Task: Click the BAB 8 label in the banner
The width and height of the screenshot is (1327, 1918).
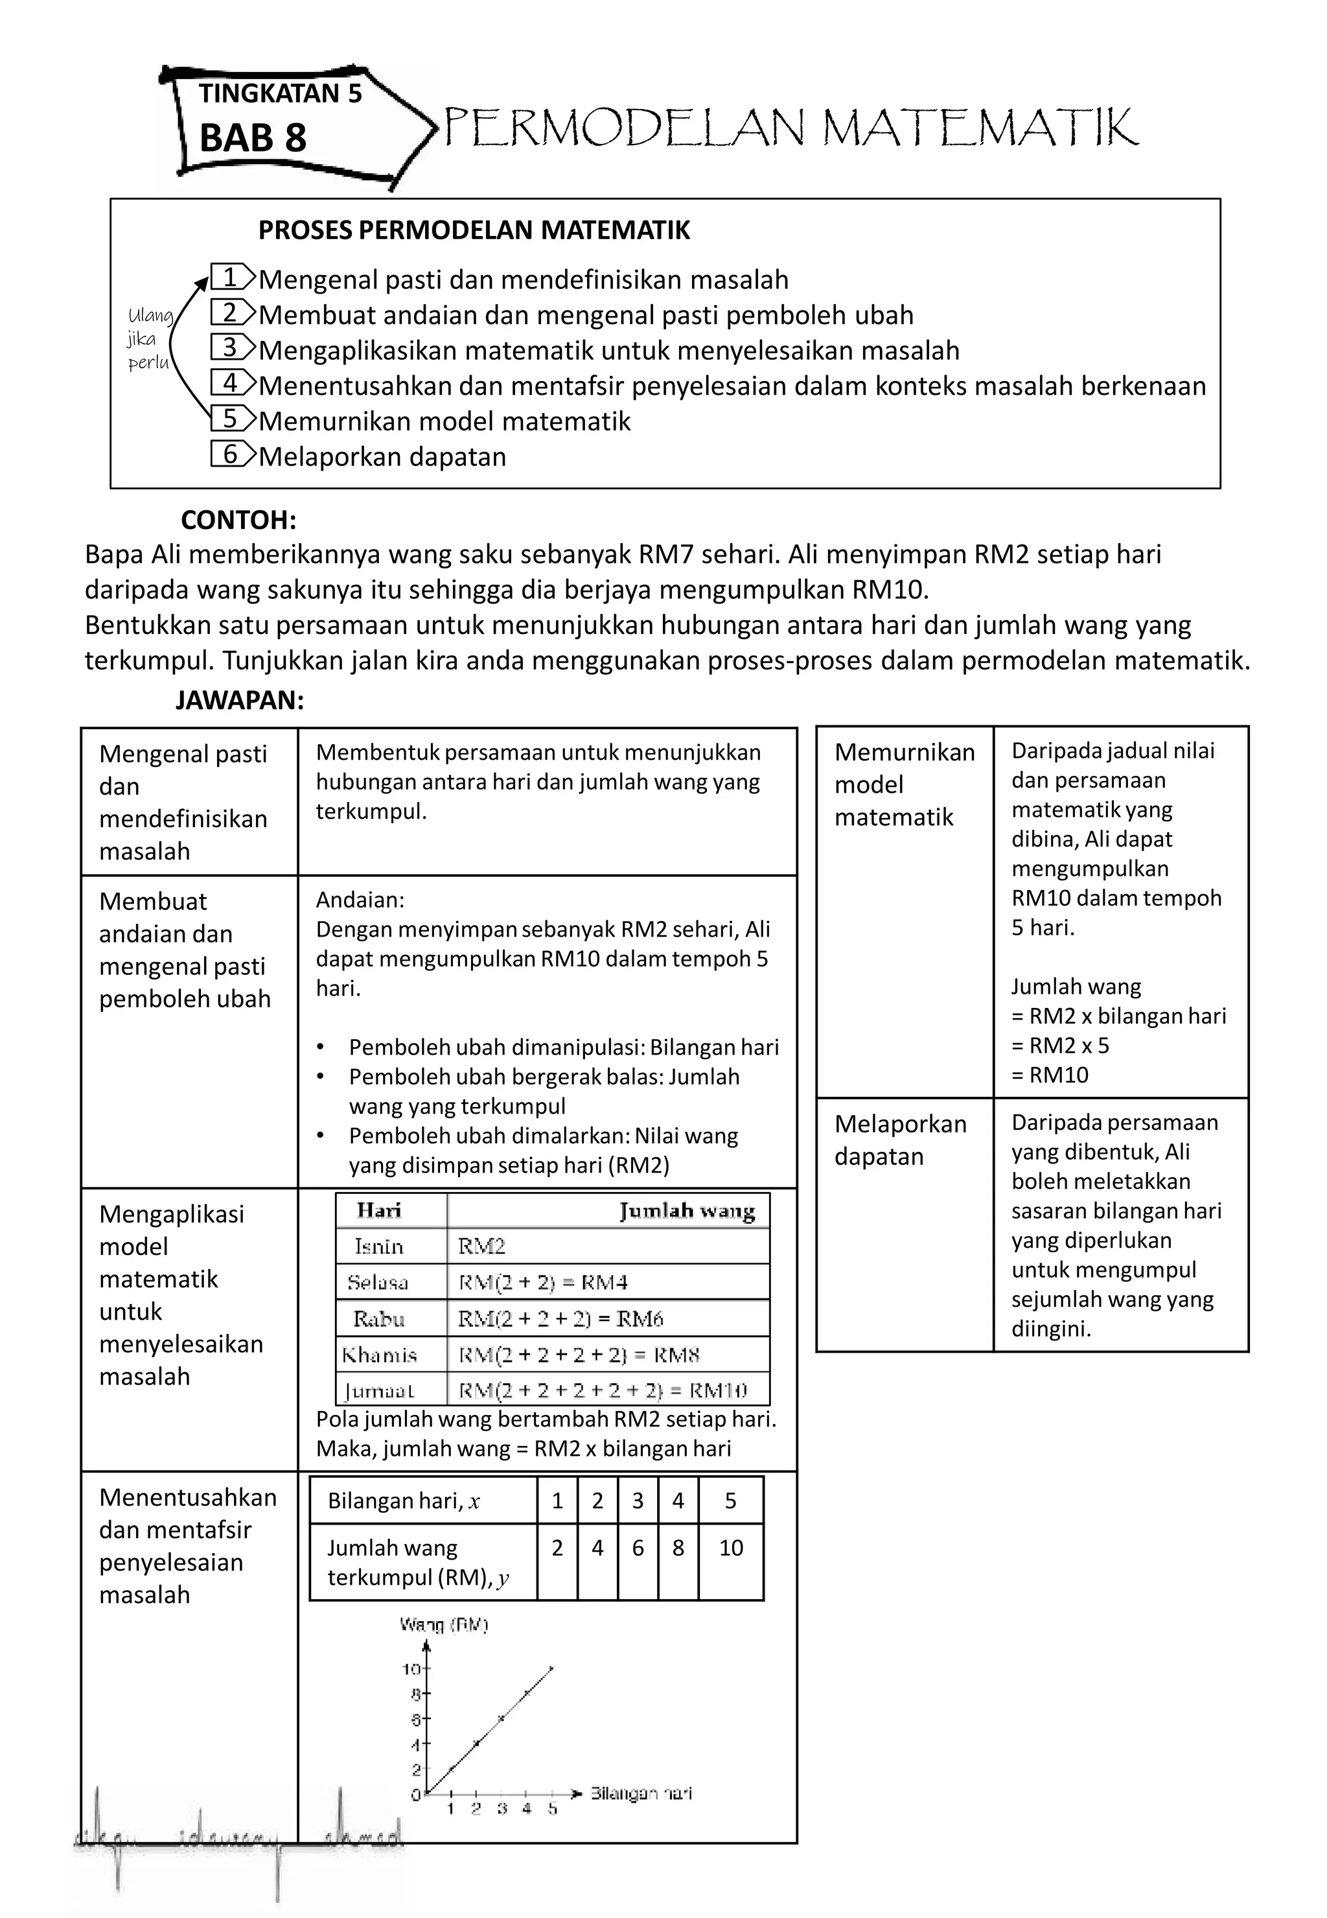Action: [253, 138]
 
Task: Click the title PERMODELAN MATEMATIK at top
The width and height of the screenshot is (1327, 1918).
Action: [790, 129]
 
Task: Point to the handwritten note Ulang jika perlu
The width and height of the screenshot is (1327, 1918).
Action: [150, 338]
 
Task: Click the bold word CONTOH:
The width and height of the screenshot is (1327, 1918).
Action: [238, 520]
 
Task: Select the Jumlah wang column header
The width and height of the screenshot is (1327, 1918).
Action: [687, 1211]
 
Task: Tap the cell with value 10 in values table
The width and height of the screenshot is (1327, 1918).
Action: [730, 1548]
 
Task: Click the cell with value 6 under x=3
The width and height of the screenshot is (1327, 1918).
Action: [638, 1548]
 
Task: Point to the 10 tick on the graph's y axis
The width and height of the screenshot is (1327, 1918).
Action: [412, 1669]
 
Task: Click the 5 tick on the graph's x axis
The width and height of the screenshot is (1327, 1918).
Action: [552, 1809]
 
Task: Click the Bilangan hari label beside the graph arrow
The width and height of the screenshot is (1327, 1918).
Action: [641, 1794]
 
